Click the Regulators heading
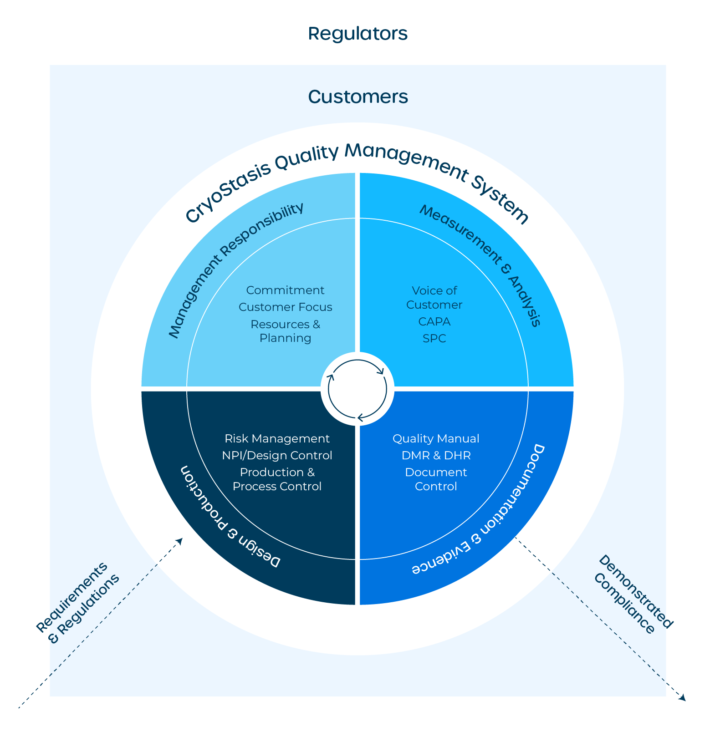coord(357,34)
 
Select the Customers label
coord(358,97)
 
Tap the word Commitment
coord(285,290)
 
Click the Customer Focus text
coord(285,307)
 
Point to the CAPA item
coord(434,322)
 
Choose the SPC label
coord(434,339)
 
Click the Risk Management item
coord(277,439)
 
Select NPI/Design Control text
coord(277,456)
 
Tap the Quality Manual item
coord(436,439)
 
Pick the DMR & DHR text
coord(436,456)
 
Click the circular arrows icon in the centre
coord(357,389)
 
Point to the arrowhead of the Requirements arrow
coord(180,540)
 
